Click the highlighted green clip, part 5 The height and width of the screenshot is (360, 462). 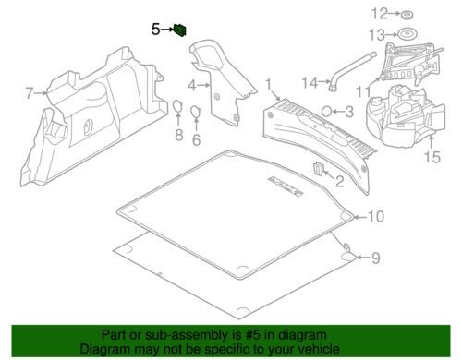180,30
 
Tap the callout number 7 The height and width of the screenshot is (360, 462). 29,92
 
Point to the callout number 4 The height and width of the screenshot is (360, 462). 192,86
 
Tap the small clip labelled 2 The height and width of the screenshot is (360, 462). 319,169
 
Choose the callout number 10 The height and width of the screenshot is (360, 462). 373,217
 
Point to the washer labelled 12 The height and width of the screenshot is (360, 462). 407,16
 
